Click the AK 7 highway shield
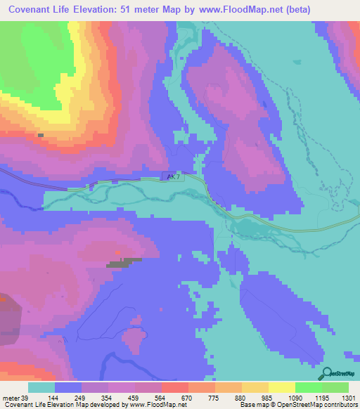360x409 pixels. pos(173,177)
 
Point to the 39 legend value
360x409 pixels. pos(27,397)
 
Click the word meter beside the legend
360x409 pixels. pos(11,397)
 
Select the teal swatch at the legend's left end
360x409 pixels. pos(41,387)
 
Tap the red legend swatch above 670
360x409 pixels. pos(174,387)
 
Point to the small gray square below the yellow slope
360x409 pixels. pos(41,135)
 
